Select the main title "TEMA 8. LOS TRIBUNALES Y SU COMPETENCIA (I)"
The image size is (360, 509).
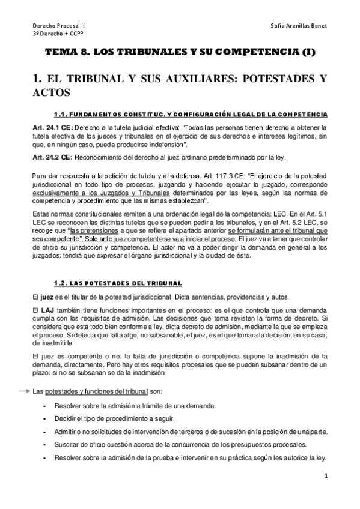click(x=180, y=53)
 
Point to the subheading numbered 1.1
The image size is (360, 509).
click(x=198, y=114)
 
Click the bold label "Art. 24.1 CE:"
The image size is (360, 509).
click(x=52, y=128)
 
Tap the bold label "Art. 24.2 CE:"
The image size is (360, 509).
click(x=52, y=158)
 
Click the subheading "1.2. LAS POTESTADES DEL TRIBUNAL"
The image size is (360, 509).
click(x=117, y=283)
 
